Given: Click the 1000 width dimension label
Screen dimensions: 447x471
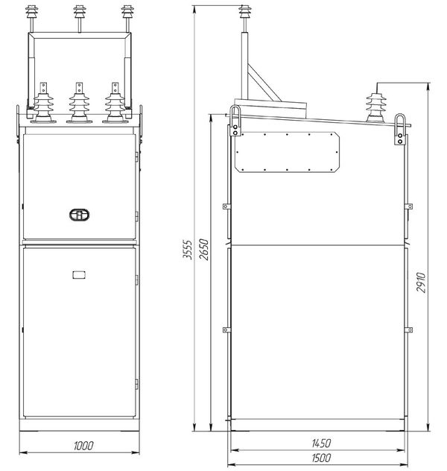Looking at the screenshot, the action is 83,446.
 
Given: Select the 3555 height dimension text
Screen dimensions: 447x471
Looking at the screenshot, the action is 187,250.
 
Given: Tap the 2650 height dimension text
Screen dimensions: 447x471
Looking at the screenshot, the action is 203,250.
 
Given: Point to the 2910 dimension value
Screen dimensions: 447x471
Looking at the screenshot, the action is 421,282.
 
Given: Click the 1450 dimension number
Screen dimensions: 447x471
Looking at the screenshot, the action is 321,443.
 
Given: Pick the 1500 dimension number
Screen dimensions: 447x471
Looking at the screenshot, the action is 321,458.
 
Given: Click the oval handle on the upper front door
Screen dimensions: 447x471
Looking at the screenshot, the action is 79,215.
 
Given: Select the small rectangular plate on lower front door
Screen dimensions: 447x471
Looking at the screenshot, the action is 79,274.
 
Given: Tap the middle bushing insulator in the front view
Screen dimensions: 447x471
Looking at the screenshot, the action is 79,103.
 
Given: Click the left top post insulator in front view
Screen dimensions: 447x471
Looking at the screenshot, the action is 31,18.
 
